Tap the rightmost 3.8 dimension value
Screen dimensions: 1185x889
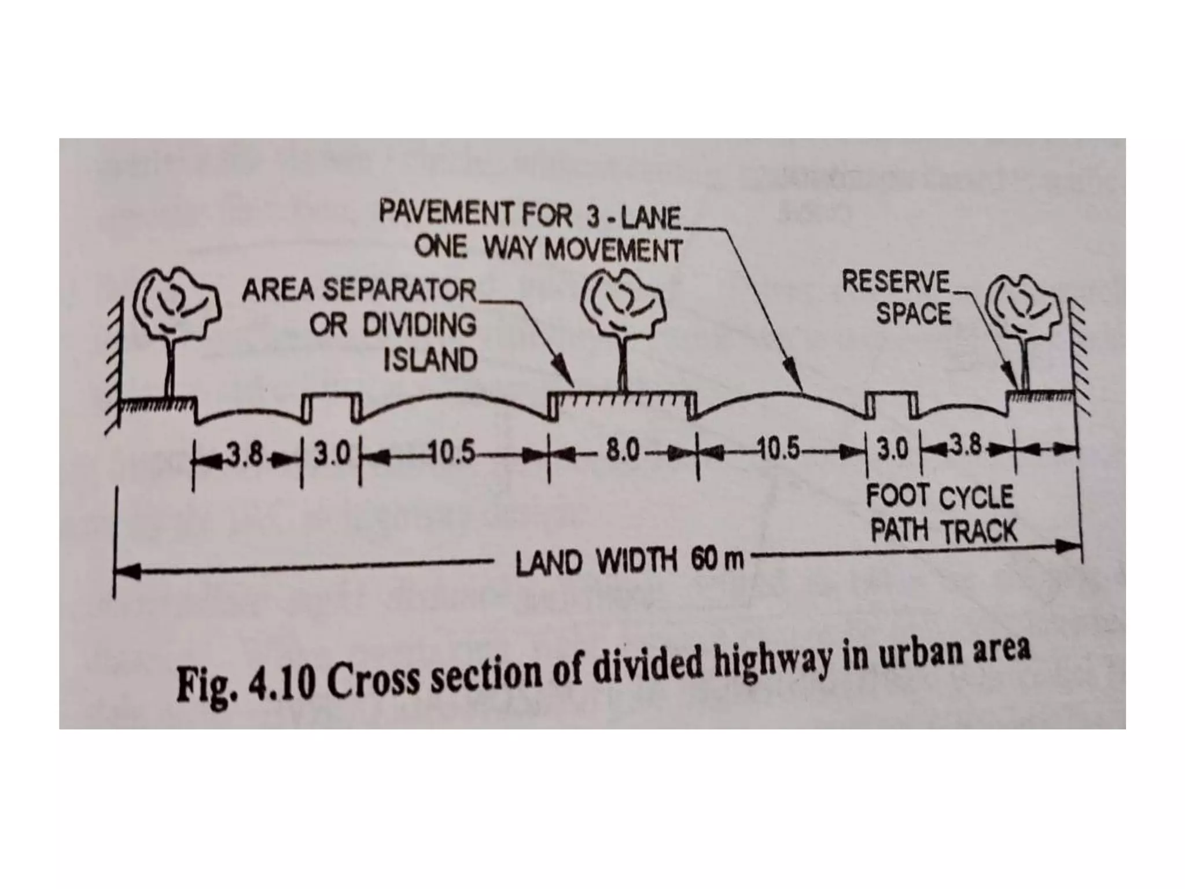tap(966, 447)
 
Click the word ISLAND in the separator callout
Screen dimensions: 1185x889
tap(430, 361)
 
